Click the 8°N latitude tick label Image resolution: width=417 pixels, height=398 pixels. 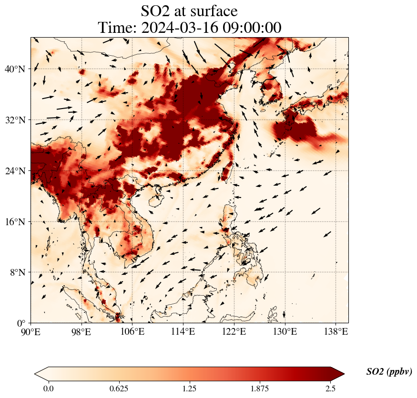(17, 272)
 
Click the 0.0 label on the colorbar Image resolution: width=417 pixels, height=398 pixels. (48, 388)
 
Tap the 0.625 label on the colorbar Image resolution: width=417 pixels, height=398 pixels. (119, 388)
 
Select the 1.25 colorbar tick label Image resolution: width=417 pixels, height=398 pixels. (189, 388)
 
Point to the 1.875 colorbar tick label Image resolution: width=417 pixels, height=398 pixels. (260, 388)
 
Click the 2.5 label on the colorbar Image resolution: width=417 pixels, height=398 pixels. (330, 388)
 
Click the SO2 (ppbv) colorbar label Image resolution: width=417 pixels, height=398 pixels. (389, 372)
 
